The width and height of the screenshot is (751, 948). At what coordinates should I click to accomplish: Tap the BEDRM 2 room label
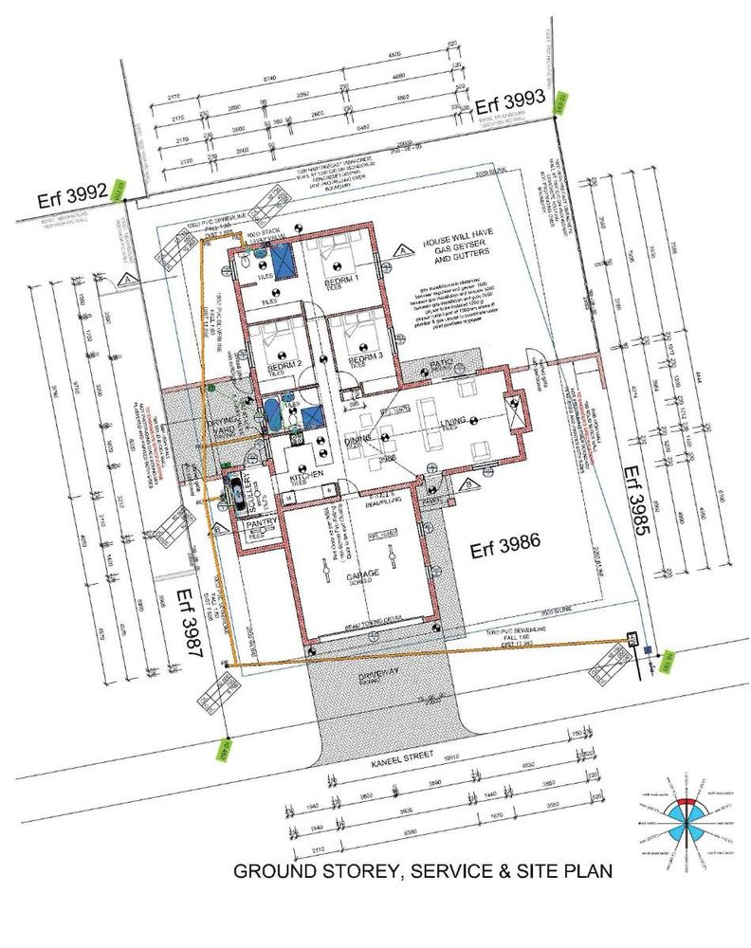284,364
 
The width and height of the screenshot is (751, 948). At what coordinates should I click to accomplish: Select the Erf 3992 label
70,198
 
